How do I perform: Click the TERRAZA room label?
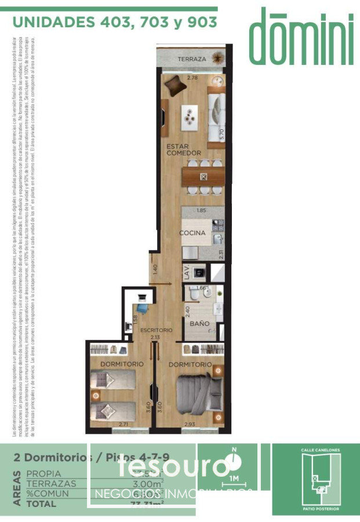[192, 60]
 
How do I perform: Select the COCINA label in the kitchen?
[192, 233]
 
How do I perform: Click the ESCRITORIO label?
[156, 330]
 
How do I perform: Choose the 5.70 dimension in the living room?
[222, 133]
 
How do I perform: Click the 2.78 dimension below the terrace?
[185, 77]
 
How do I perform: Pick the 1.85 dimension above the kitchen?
[202, 211]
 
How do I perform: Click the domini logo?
[301, 36]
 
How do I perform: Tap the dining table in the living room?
[202, 176]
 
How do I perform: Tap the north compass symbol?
[234, 462]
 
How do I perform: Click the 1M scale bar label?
[234, 479]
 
